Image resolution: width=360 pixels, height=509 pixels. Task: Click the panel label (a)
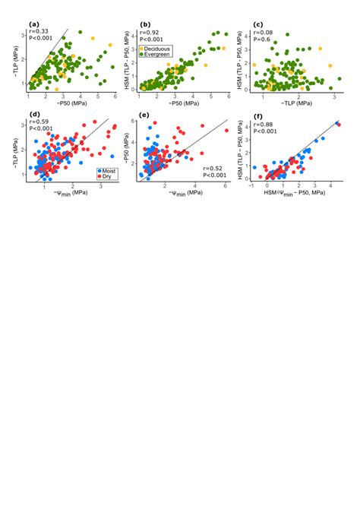(x=33, y=25)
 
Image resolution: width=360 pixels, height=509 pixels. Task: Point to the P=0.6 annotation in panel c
(x=262, y=40)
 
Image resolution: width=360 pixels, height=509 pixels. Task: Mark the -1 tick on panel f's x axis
(x=251, y=189)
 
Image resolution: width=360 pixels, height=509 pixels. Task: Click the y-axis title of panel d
(x=16, y=149)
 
